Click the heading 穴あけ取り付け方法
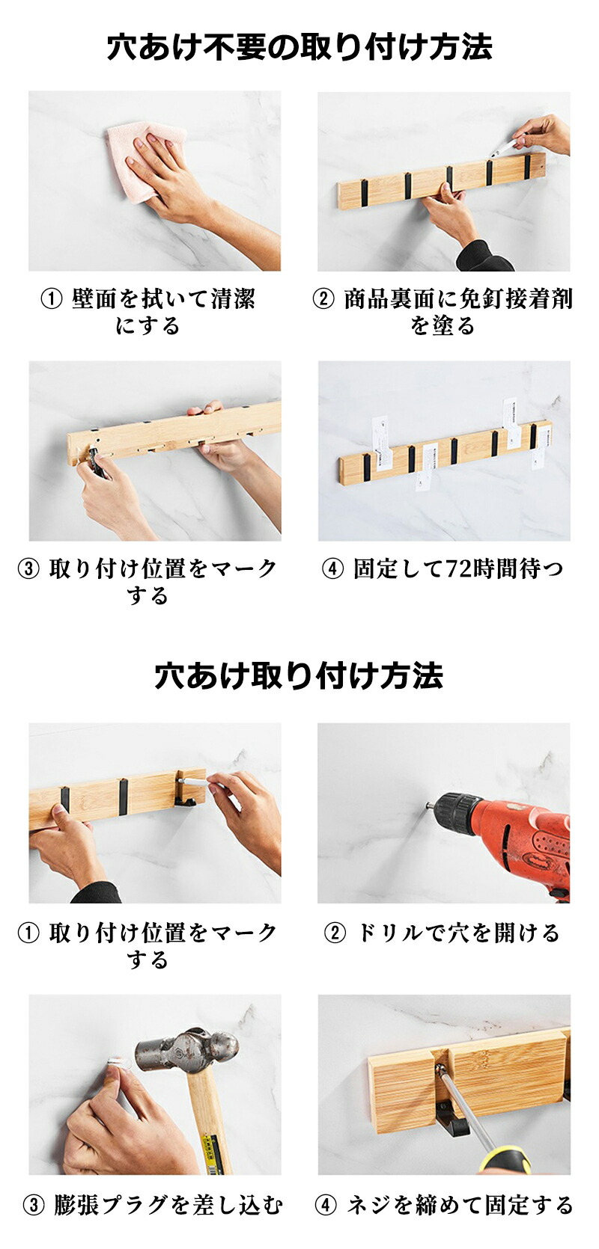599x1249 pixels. pyautogui.click(x=299, y=676)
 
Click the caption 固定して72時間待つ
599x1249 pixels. pyautogui.click(x=457, y=568)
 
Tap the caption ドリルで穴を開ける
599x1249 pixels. pyautogui.click(x=457, y=933)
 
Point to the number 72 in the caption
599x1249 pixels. pyautogui.click(x=444, y=568)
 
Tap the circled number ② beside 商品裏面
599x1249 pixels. pyautogui.click(x=323, y=299)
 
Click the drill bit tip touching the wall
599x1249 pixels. pyautogui.click(x=428, y=805)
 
